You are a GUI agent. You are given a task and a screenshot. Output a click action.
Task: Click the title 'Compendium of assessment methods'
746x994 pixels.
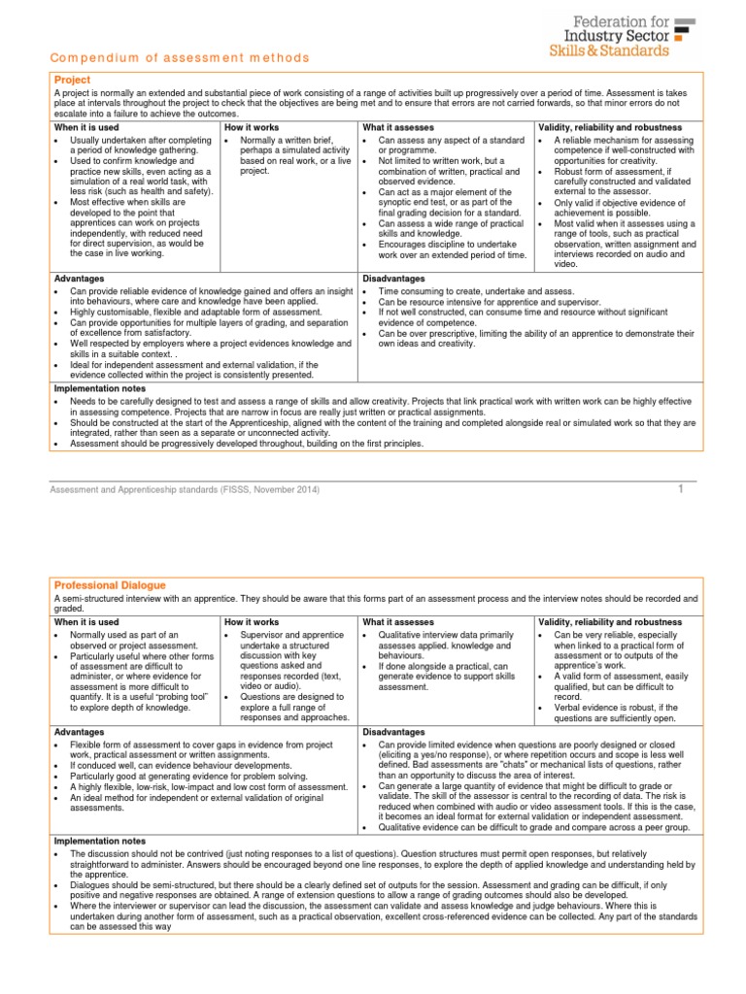[179, 58]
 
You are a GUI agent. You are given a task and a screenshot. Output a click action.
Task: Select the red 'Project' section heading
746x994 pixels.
[72, 81]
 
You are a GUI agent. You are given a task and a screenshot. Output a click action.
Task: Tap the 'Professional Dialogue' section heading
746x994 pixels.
[110, 585]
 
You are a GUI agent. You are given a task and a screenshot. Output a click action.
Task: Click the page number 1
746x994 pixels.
[681, 488]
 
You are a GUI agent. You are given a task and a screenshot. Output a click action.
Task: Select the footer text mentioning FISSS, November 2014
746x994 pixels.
[184, 489]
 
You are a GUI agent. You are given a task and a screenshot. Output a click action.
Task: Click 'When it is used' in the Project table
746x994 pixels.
[87, 128]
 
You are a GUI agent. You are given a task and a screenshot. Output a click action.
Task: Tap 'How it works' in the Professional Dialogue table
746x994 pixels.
[252, 622]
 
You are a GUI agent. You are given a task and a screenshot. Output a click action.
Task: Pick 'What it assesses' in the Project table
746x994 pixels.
[398, 128]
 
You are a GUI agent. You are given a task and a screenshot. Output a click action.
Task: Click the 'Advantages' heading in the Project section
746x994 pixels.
[80, 279]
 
